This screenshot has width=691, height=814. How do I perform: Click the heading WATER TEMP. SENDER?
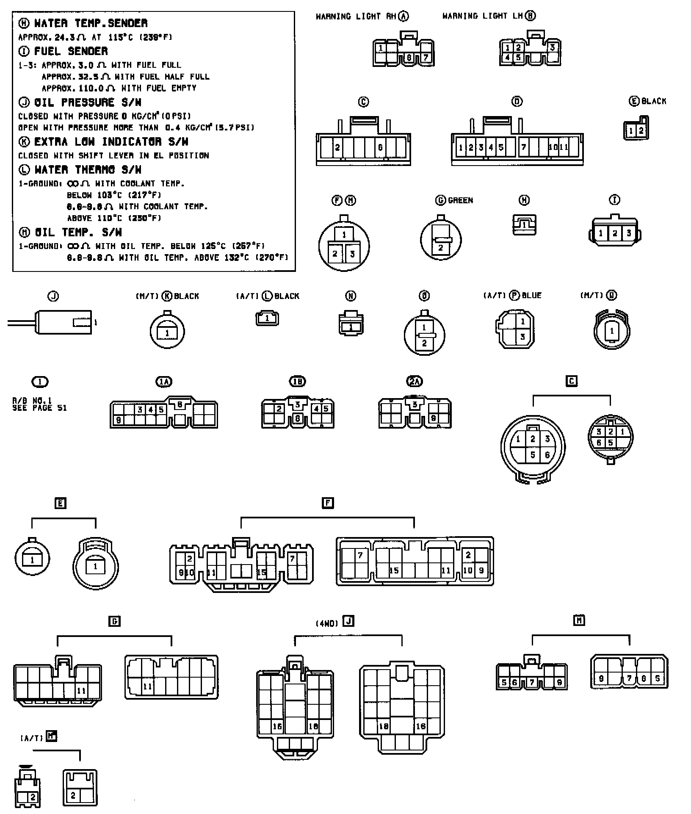[91, 23]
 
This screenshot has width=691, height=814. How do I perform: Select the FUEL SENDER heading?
[71, 51]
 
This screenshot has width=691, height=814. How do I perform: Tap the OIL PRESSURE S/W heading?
[88, 102]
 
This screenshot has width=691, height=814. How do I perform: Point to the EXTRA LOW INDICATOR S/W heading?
[111, 141]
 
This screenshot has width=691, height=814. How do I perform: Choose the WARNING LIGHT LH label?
[482, 16]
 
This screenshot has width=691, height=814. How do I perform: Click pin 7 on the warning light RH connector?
[426, 57]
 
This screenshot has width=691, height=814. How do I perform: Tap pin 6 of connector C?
[380, 147]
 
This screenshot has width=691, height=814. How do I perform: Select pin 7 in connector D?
[524, 147]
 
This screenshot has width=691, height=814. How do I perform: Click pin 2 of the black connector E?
[641, 130]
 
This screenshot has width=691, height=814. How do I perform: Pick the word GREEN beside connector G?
[460, 200]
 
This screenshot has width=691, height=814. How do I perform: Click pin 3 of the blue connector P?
[522, 337]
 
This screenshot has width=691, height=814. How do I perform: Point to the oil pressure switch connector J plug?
[64, 323]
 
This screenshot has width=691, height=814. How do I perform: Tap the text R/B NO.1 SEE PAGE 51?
[39, 404]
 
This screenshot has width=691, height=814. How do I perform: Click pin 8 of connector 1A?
[180, 404]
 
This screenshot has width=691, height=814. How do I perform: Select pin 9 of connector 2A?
[433, 418]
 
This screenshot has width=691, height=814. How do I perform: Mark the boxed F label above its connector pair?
[328, 503]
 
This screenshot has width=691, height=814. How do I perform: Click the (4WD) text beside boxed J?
[327, 623]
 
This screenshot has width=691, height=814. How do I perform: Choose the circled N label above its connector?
[351, 296]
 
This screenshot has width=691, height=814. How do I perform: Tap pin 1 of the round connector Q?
[612, 331]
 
